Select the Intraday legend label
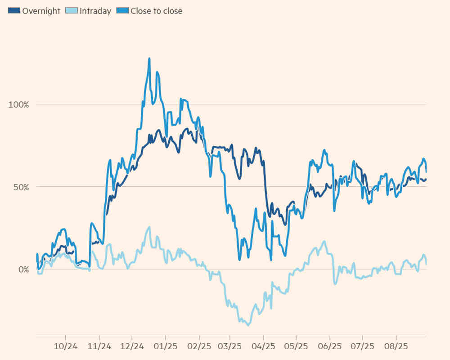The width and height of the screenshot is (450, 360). (95, 11)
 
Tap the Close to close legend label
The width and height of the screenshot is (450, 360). (156, 11)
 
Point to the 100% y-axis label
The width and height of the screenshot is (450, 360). (19, 104)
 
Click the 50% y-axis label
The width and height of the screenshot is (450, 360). (20, 187)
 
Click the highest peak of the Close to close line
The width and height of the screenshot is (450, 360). (149, 58)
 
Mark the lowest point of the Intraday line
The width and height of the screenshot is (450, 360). (248, 325)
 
